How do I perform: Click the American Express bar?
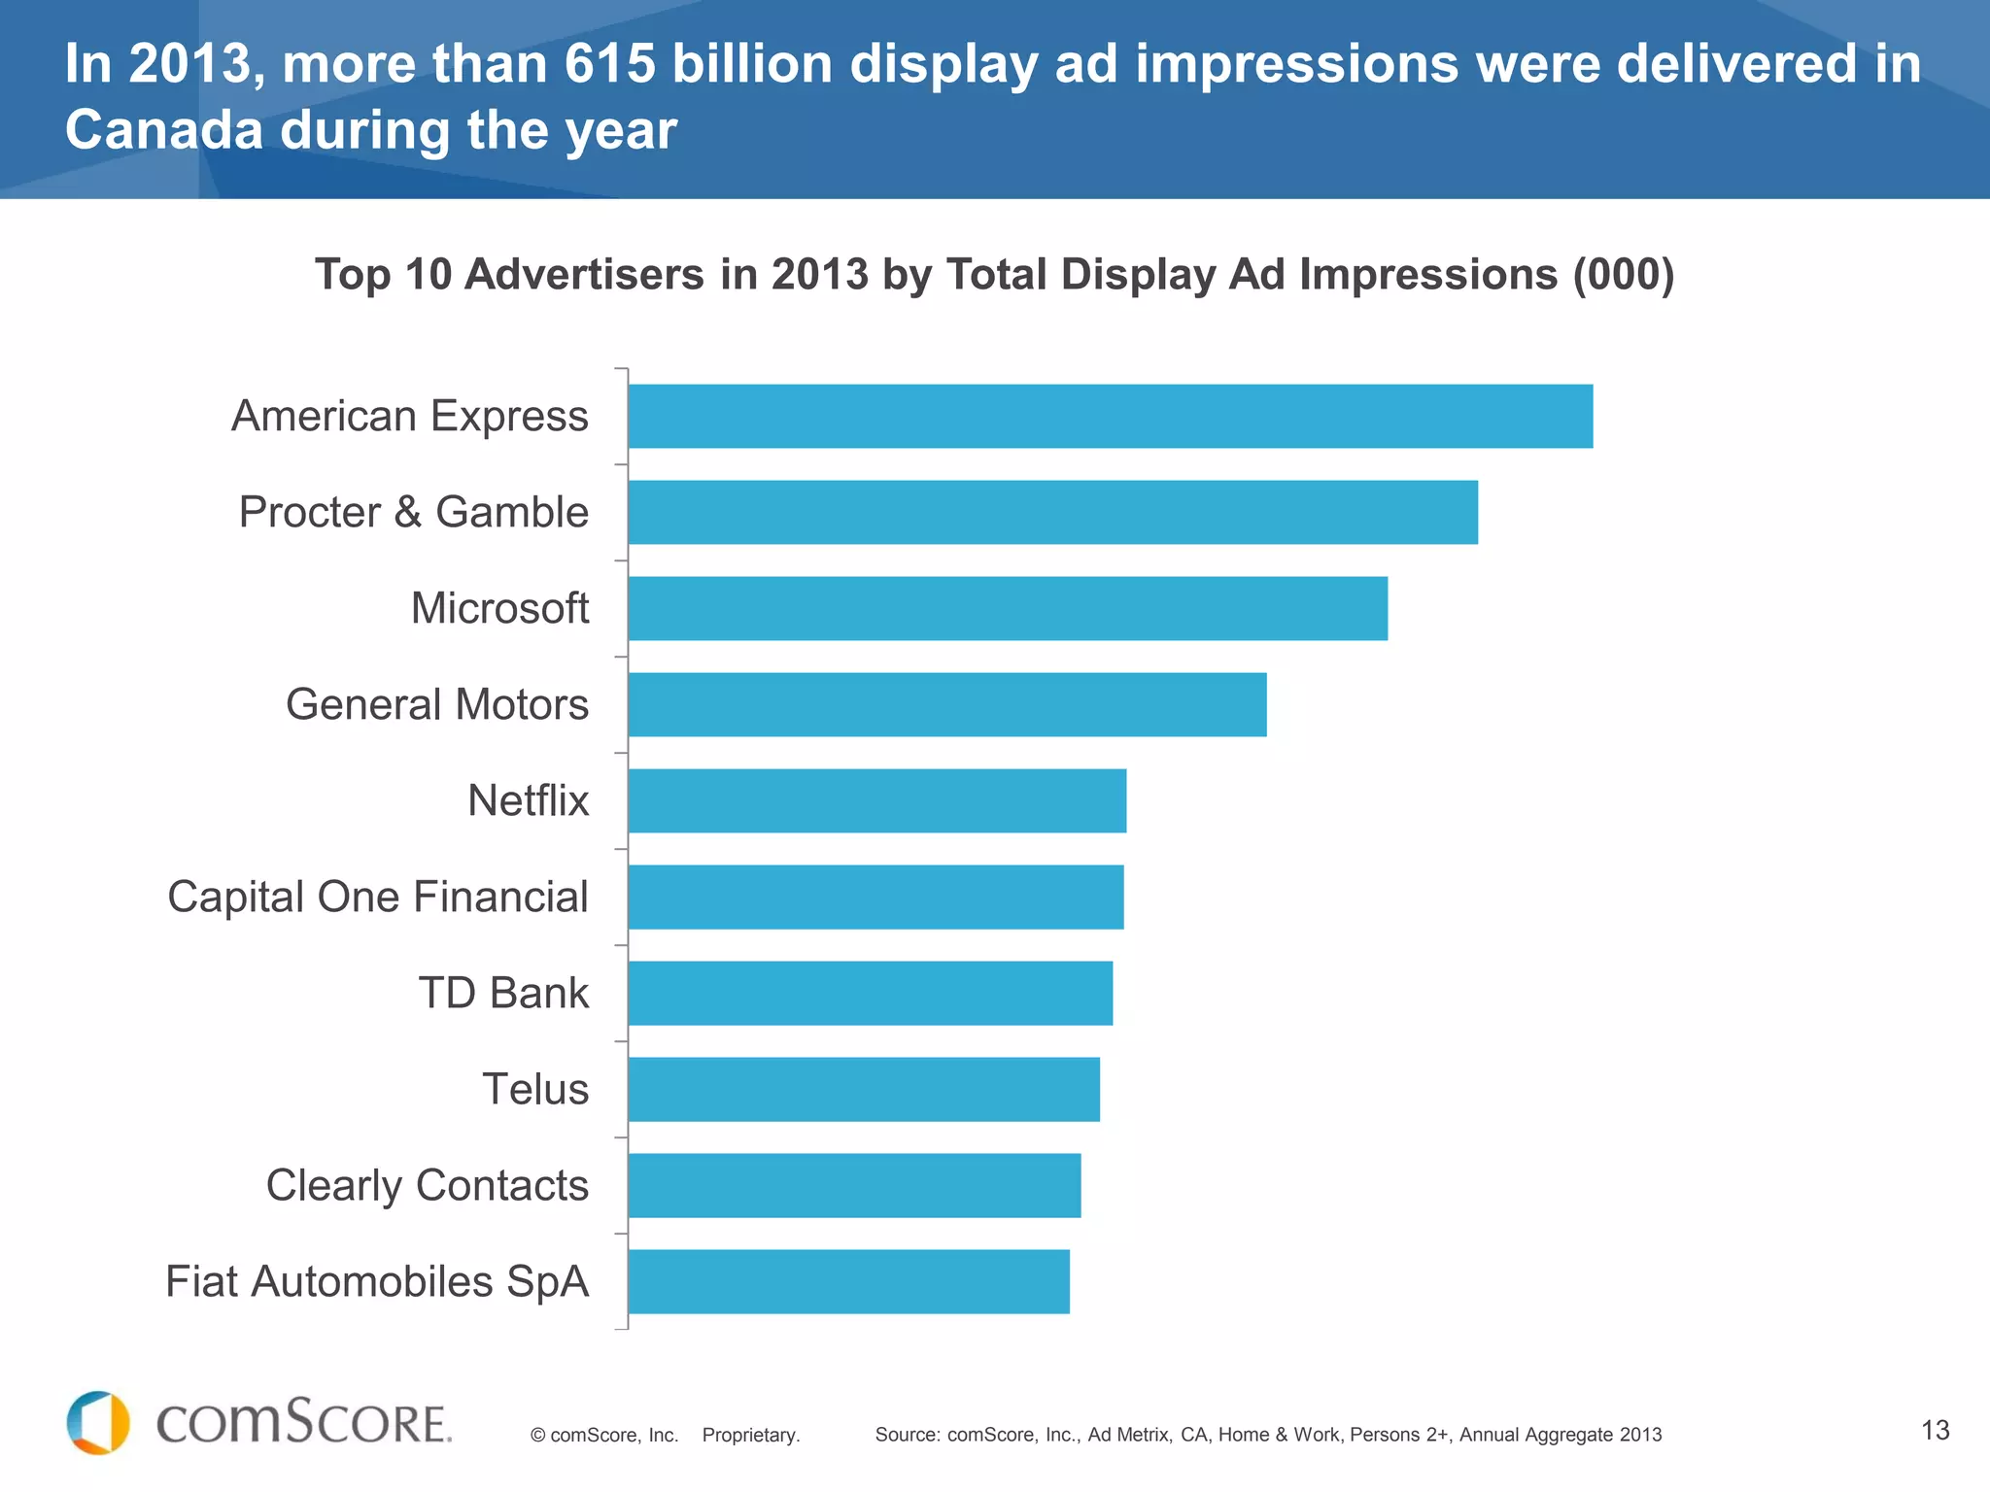[1110, 416]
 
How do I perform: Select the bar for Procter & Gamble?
[1052, 512]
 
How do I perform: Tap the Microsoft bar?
[1008, 608]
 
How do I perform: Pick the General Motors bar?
[947, 704]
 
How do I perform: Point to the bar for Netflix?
[877, 800]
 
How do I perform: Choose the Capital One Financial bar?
[875, 897]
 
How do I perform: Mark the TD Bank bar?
[871, 993]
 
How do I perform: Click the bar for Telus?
[864, 1089]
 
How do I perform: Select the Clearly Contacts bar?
[854, 1185]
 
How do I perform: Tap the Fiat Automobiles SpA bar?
[848, 1281]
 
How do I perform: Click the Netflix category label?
[528, 800]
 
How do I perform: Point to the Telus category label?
[535, 1089]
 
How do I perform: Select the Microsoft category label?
[499, 608]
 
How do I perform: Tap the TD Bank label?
[503, 993]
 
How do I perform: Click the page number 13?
[1935, 1430]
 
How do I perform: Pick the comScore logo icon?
[98, 1422]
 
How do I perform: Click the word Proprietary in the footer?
[750, 1435]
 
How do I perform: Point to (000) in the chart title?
[1624, 274]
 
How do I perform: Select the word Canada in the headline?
[163, 130]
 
